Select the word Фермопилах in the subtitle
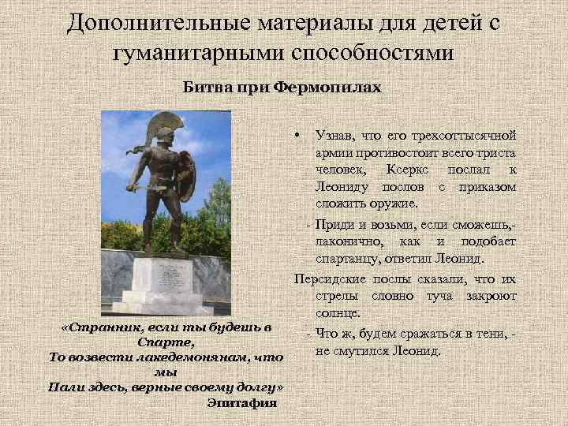click(x=328, y=87)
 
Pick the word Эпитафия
click(x=241, y=403)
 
